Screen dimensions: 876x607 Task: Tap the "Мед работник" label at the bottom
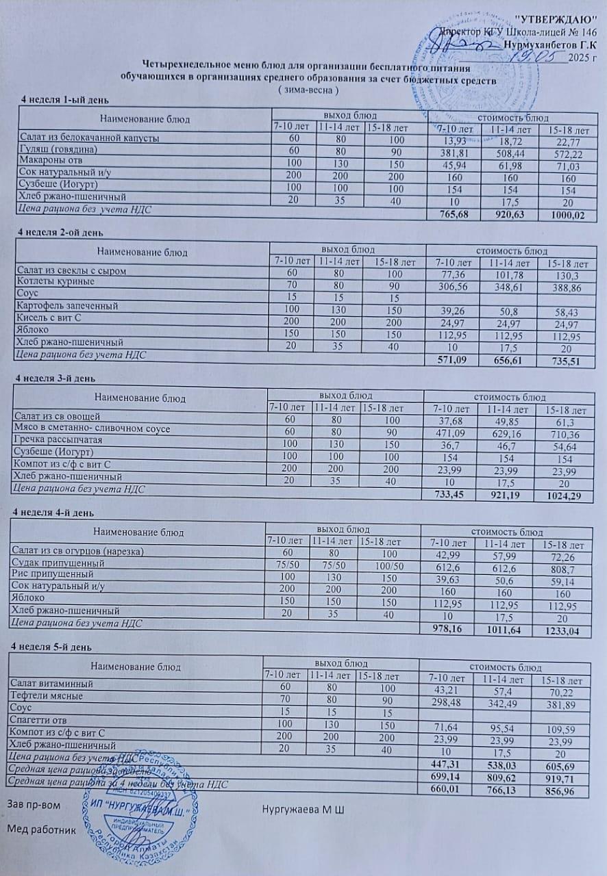[41, 829]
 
